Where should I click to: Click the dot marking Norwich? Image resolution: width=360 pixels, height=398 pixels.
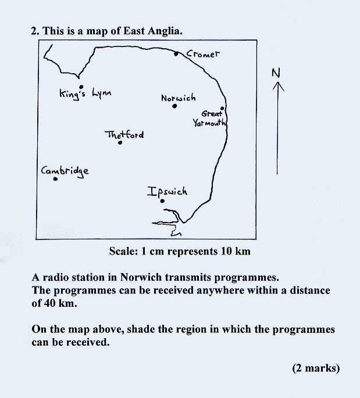click(x=174, y=106)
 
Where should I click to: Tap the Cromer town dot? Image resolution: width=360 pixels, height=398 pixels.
click(x=176, y=53)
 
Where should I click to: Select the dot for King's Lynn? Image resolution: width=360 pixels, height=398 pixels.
click(x=81, y=87)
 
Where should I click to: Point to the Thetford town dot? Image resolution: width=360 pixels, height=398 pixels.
click(x=120, y=142)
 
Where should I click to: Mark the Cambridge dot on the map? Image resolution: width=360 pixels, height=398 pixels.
click(x=55, y=179)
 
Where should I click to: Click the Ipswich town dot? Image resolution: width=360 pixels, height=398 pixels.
click(x=162, y=201)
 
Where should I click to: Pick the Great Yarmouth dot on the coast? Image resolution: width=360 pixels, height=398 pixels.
click(x=222, y=109)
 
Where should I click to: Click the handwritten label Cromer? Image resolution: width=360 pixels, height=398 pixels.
click(x=203, y=54)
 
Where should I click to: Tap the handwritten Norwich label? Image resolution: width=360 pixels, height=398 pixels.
click(x=179, y=98)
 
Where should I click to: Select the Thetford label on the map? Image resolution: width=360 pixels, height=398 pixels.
click(x=124, y=134)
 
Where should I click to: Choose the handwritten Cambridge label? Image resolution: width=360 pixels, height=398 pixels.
click(x=65, y=171)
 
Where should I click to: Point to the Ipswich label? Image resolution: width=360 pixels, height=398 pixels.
click(x=167, y=192)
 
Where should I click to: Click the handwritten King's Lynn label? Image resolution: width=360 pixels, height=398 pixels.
click(x=85, y=94)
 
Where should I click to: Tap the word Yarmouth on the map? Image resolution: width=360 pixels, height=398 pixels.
click(x=209, y=123)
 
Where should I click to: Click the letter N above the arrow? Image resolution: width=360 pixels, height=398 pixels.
click(x=276, y=73)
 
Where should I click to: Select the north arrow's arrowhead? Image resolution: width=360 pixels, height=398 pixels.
click(x=278, y=87)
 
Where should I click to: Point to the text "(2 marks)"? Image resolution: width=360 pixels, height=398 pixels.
click(x=316, y=368)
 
